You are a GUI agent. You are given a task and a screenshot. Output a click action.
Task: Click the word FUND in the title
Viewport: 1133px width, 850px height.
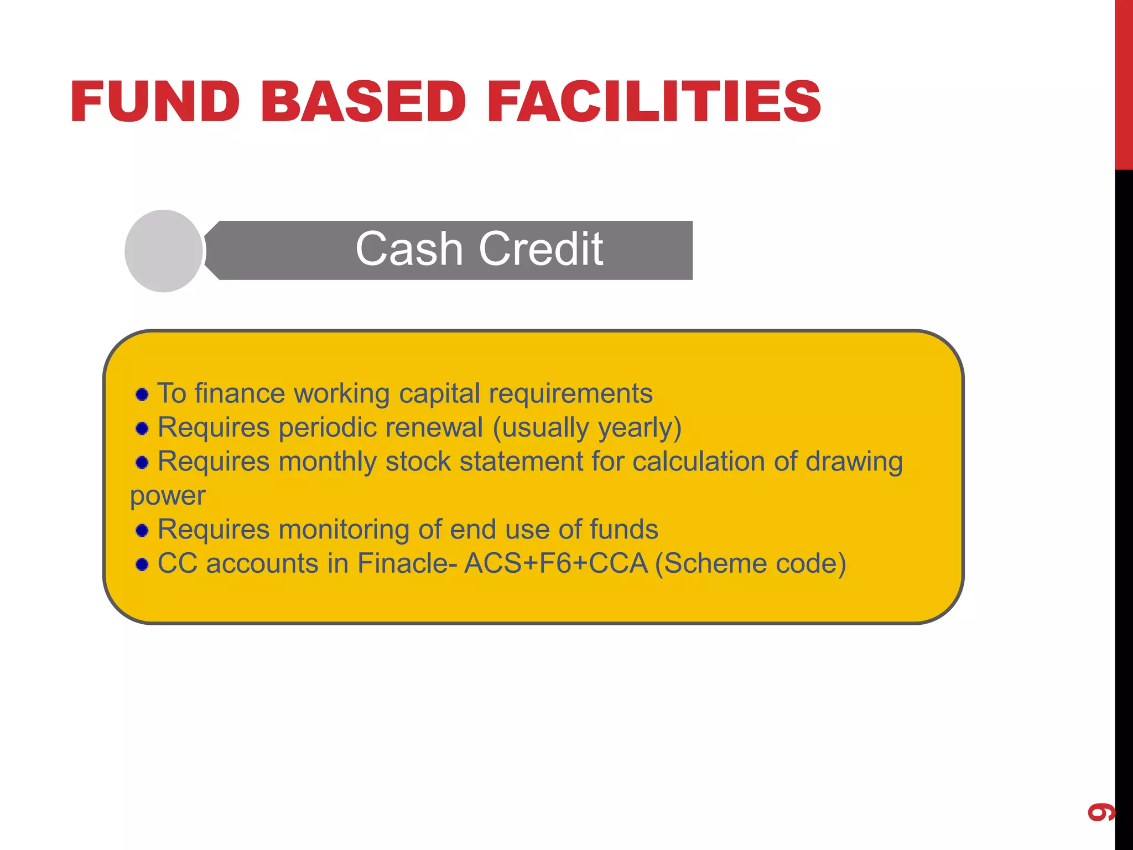[155, 102]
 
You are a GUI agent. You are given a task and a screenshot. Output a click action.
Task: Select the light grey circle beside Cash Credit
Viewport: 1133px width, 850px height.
[164, 251]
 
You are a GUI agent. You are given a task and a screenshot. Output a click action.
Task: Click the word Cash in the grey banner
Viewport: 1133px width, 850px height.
[408, 250]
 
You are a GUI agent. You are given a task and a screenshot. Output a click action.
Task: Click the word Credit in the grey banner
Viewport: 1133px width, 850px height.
[540, 250]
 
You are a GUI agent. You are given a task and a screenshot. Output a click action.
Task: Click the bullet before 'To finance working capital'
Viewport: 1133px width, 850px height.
[142, 395]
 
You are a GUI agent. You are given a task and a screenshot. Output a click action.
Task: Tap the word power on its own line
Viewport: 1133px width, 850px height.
[168, 496]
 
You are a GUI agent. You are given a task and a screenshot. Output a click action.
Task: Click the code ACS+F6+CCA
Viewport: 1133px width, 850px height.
[555, 563]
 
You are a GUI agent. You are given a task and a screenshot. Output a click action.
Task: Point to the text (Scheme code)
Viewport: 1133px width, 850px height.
[750, 563]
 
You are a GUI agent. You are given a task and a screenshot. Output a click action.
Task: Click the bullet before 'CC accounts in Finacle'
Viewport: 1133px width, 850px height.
[142, 564]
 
